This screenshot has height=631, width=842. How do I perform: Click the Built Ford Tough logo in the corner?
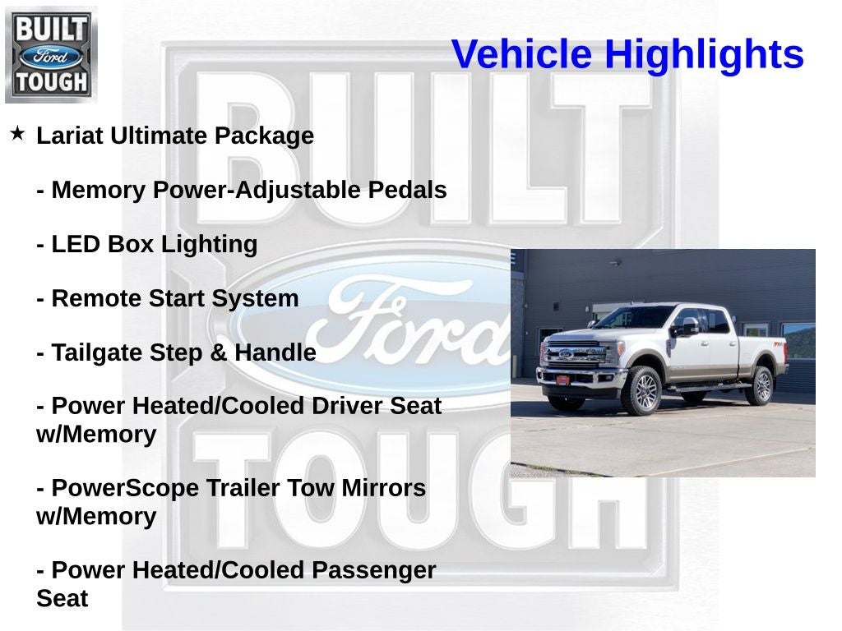coord(51,55)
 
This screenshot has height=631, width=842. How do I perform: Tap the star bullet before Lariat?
coord(18,133)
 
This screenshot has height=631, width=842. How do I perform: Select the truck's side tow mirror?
coord(687,326)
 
